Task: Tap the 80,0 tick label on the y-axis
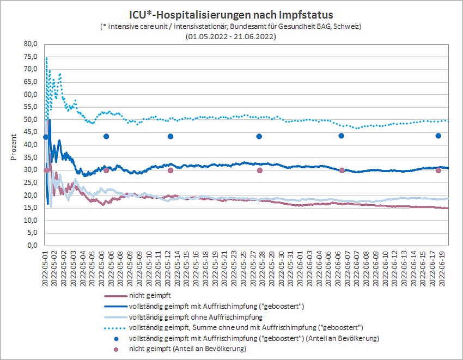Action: coord(31,44)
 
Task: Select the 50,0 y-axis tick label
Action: coord(31,120)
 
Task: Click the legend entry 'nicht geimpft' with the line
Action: coord(147,296)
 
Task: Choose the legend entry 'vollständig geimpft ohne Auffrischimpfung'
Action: coord(196,316)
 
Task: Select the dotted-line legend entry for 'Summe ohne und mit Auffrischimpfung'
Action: coord(245,327)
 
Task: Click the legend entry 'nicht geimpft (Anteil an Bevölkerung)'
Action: coord(187,349)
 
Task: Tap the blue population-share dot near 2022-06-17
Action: coord(438,136)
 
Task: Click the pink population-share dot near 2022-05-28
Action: coord(259,170)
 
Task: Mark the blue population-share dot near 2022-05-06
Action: coord(106,136)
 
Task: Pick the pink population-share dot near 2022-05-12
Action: coord(170,170)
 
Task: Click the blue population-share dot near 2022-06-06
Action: coord(342,136)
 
